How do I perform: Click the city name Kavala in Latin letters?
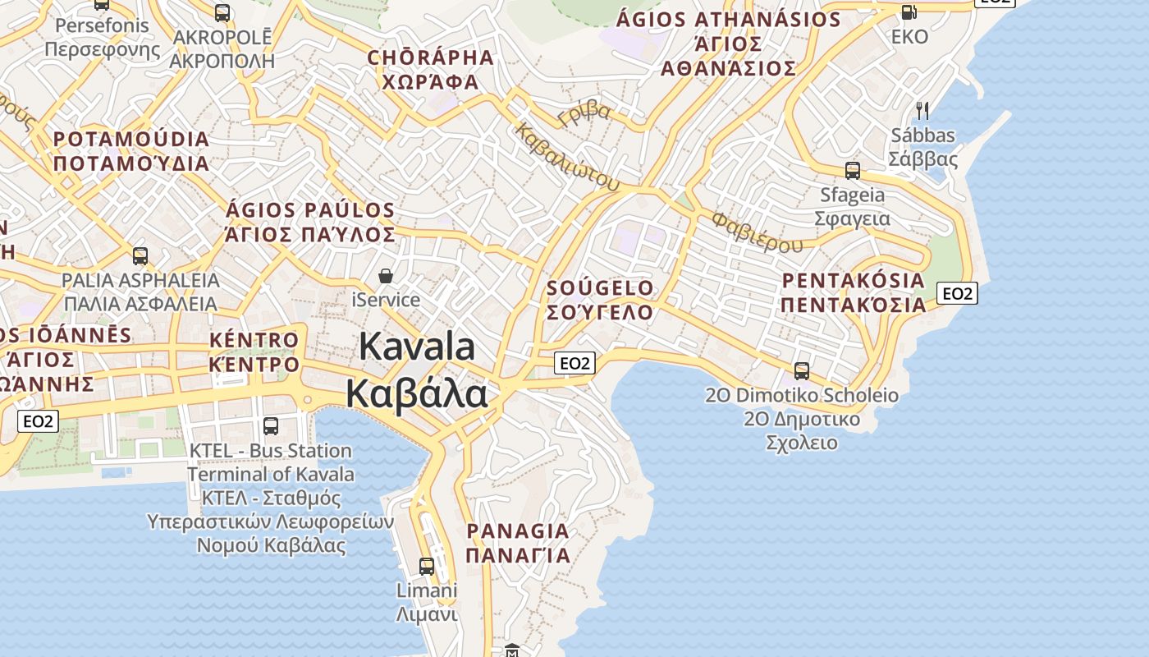[417, 347]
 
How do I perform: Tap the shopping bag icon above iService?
[386, 277]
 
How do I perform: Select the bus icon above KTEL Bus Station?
[271, 426]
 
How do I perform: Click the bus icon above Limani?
[427, 566]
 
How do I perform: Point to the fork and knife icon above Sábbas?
[922, 110]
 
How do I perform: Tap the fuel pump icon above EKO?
[909, 12]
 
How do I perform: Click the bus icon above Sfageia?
[853, 171]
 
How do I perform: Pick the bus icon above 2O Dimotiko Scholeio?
[802, 370]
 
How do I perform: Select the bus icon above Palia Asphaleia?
[140, 255]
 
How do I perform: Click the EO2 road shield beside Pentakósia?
[958, 293]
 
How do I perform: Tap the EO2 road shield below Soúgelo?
[574, 363]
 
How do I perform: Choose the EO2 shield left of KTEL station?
[39, 421]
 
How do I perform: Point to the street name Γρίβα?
[584, 113]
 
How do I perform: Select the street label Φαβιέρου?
[758, 232]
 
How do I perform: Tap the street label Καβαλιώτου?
[567, 157]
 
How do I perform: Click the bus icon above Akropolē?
[222, 12]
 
